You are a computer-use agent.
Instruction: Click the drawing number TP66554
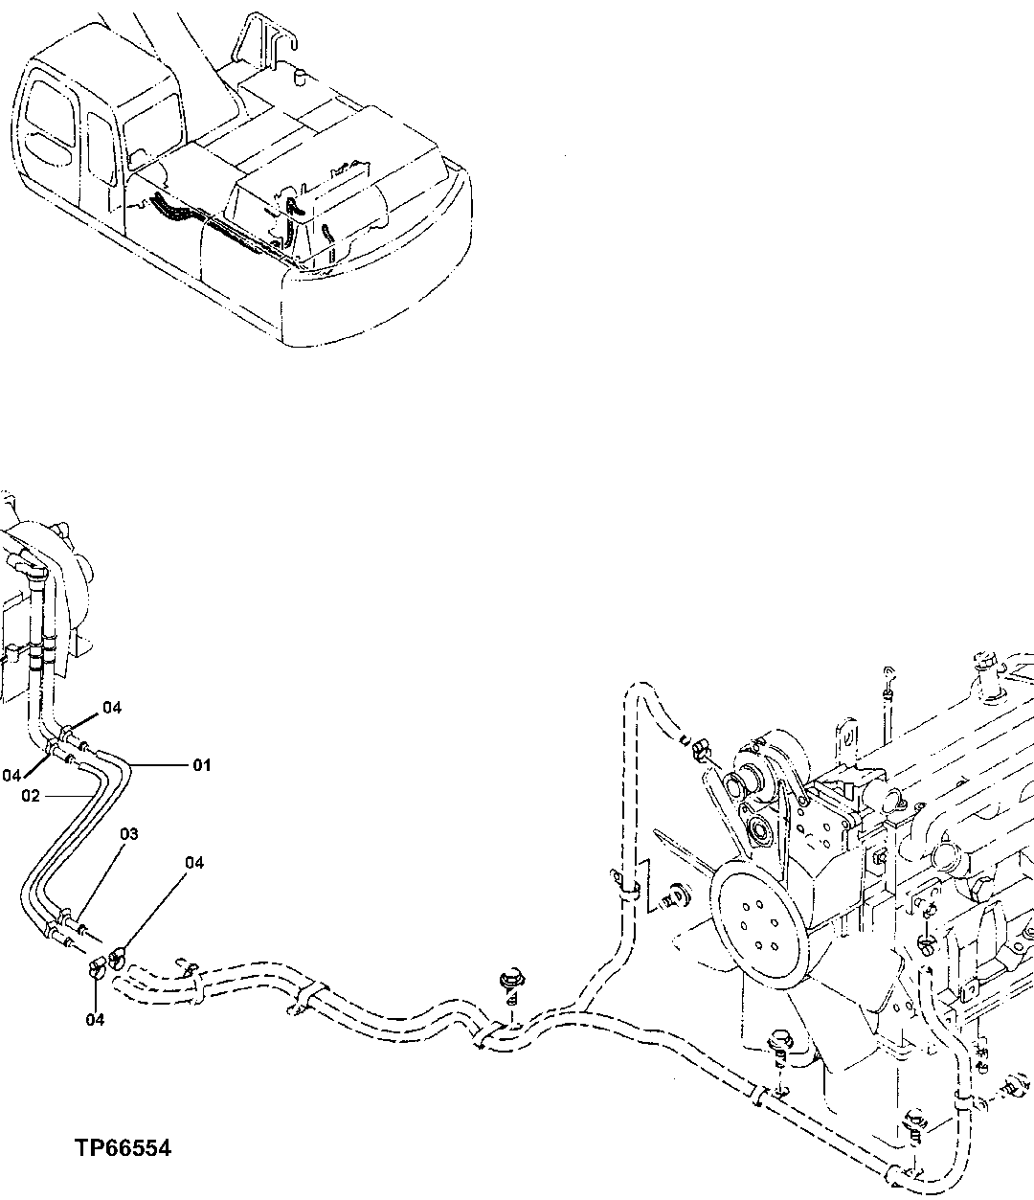123,1147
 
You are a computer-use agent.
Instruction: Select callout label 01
202,765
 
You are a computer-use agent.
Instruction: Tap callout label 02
31,796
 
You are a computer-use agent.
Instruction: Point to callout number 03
129,834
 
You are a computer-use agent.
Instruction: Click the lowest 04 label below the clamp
94,1019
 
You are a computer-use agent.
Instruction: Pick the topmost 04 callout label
112,708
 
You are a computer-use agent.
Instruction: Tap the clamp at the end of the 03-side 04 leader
119,954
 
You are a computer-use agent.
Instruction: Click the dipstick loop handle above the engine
888,671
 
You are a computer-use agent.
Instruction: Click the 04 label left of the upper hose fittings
11,774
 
